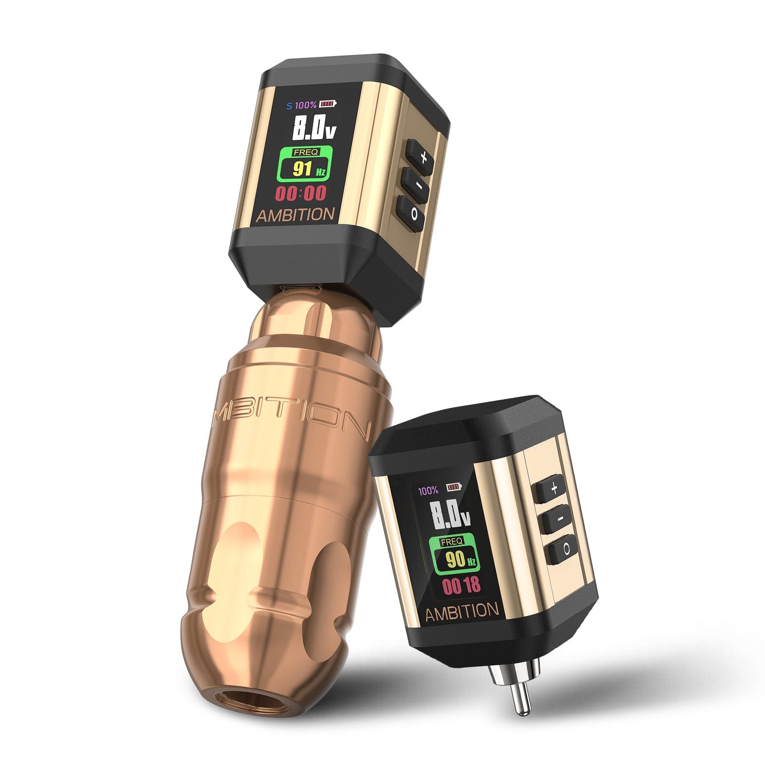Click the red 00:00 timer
coord(301,194)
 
